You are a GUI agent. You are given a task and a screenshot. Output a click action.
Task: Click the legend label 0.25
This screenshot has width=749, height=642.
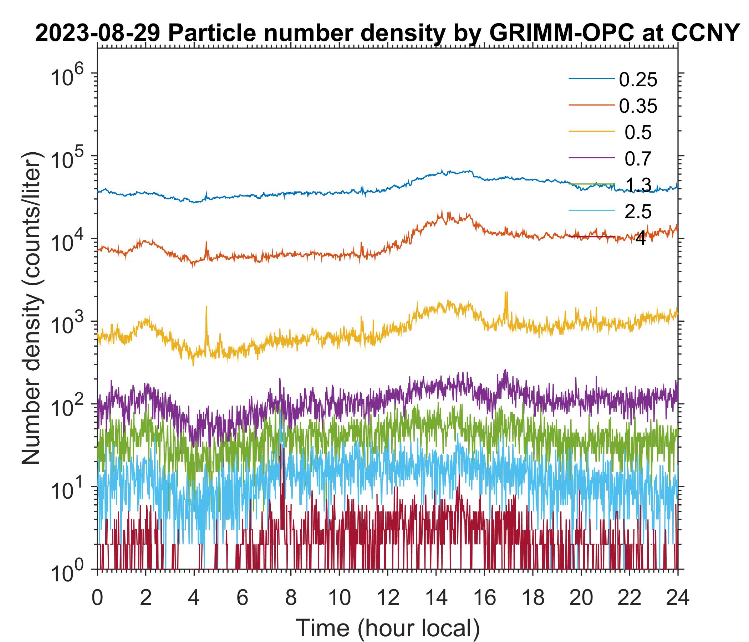click(638, 80)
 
